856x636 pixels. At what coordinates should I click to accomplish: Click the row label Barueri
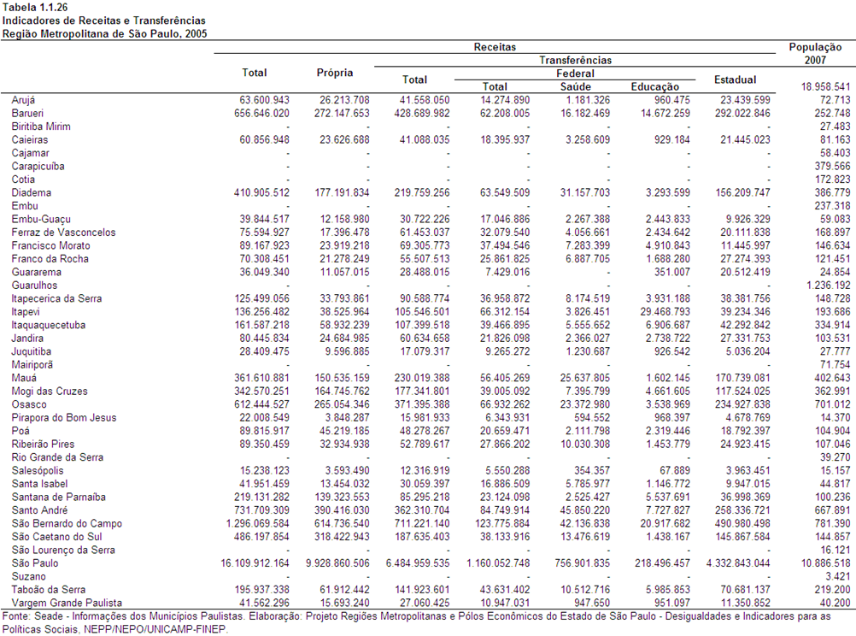pos(27,113)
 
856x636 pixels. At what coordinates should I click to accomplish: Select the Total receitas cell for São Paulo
pos(255,562)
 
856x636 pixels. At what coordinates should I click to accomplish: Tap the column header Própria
pos(335,73)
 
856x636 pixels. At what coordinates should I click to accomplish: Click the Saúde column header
pos(576,86)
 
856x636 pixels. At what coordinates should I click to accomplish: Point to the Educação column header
pos(655,86)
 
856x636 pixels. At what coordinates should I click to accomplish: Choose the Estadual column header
pos(735,79)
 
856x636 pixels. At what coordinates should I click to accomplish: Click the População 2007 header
pos(815,54)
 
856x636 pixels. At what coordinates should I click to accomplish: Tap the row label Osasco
pos(29,404)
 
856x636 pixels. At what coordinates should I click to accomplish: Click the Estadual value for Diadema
pos(742,192)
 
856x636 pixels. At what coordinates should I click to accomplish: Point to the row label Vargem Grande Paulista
pos(67,603)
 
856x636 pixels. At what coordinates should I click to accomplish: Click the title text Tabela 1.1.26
pos(35,7)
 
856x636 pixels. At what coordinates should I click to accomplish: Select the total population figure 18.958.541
pos(825,86)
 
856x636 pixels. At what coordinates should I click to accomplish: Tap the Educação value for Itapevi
pos(665,311)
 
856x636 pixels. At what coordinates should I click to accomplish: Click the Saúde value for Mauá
pos(584,378)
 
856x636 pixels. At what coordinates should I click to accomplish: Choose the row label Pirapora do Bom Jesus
pos(64,417)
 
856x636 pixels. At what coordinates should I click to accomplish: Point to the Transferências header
pos(576,60)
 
